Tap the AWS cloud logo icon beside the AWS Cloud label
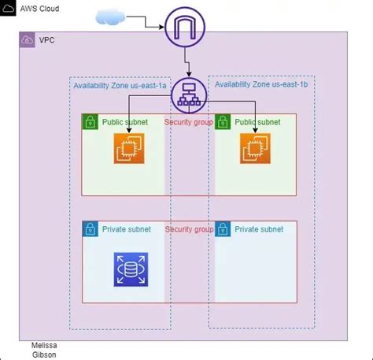9,7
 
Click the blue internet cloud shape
113,17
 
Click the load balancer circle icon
187,95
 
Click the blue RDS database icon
130,269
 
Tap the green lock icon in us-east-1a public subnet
90,122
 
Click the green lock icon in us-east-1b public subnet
223,122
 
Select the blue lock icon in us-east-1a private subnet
90,229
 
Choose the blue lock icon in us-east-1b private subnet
223,229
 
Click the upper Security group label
189,121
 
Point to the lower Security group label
189,228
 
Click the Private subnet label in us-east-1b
260,229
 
